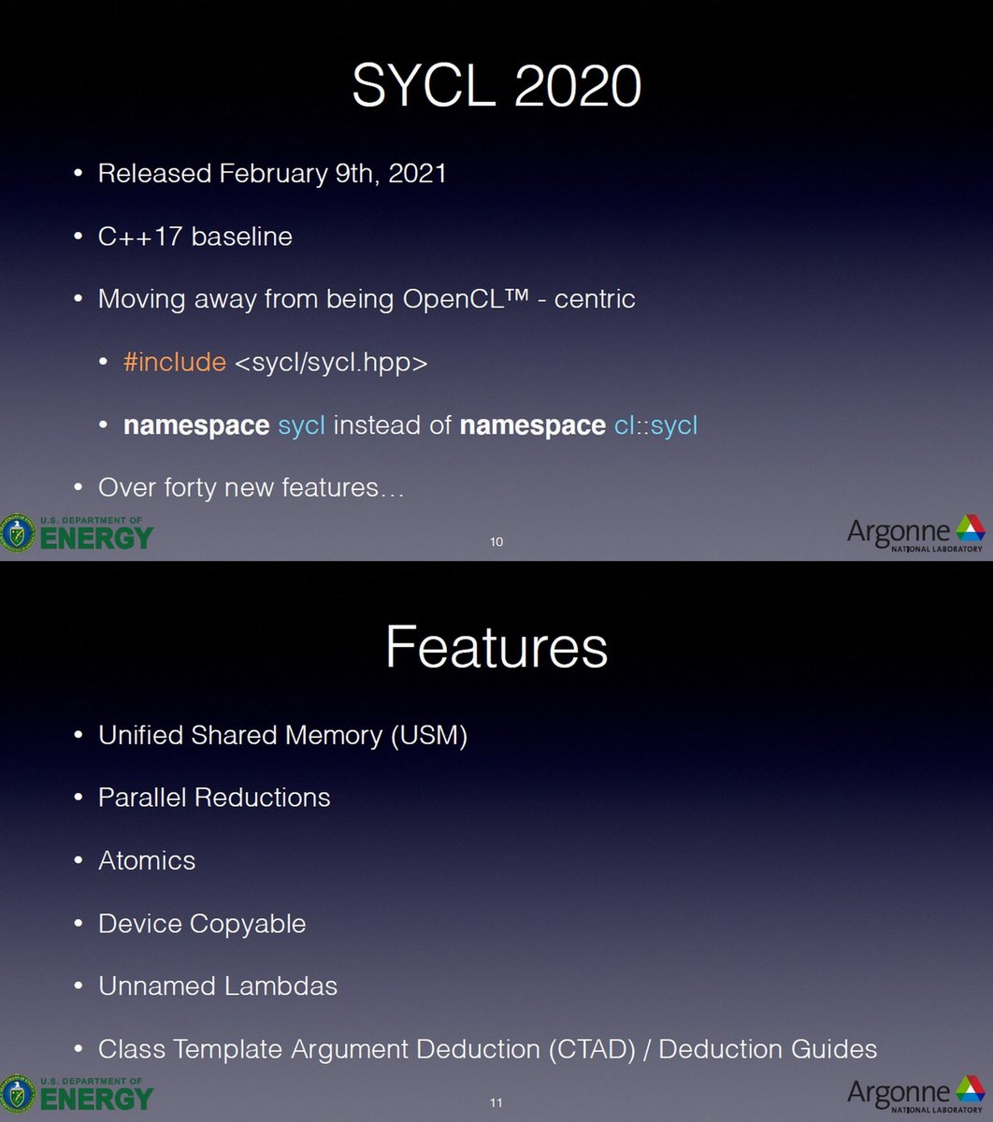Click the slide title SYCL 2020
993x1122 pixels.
[x=496, y=86]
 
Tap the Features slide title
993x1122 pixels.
[x=496, y=647]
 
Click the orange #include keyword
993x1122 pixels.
[x=175, y=363]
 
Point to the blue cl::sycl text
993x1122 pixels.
[x=655, y=426]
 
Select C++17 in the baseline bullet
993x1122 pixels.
[x=140, y=237]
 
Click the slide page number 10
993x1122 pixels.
[x=496, y=542]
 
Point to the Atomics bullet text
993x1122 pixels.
[x=147, y=860]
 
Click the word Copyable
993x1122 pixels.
[x=248, y=924]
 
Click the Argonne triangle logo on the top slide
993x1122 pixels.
[x=969, y=529]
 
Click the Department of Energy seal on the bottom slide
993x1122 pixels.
[x=17, y=1095]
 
